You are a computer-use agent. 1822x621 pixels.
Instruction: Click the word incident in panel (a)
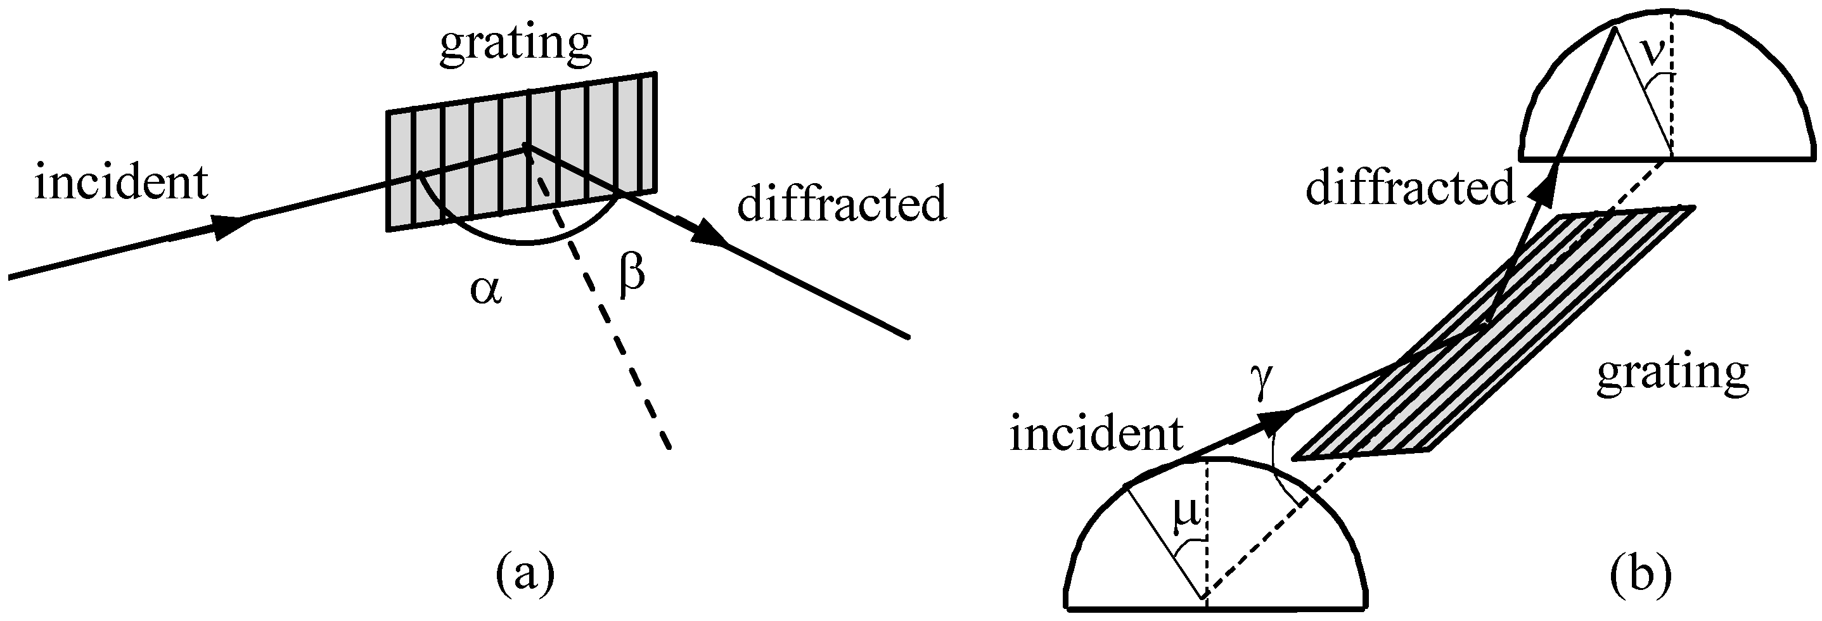(x=121, y=183)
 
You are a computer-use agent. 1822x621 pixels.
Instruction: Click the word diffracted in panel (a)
(x=842, y=205)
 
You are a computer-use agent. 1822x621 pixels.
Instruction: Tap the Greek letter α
(x=486, y=291)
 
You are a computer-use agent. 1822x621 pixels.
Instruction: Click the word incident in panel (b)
(x=1096, y=433)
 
